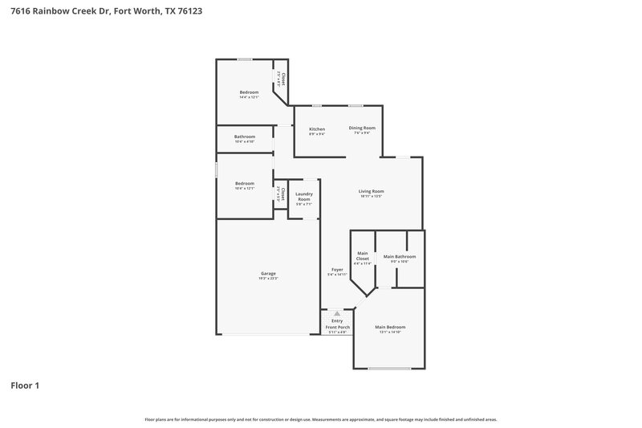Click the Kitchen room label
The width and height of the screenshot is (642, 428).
(x=317, y=129)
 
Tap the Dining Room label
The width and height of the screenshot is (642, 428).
(x=362, y=128)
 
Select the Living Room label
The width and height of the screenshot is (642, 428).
(x=371, y=191)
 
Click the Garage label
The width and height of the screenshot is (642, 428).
(x=268, y=274)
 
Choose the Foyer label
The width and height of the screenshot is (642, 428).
(x=336, y=270)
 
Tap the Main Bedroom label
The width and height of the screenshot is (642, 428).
(x=390, y=328)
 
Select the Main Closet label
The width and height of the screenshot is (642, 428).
(x=363, y=256)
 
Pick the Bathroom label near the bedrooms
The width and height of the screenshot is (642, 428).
(x=245, y=137)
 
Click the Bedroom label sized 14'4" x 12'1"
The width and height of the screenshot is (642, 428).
(x=249, y=92)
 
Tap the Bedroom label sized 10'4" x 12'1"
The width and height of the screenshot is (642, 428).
(x=245, y=184)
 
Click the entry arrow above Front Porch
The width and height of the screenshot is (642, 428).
(x=337, y=314)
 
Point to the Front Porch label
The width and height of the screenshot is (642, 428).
(x=336, y=328)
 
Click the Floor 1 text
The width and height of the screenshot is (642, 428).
(x=25, y=385)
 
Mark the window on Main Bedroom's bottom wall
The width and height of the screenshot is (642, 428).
(x=389, y=369)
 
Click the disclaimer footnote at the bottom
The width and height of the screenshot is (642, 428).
(x=321, y=419)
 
